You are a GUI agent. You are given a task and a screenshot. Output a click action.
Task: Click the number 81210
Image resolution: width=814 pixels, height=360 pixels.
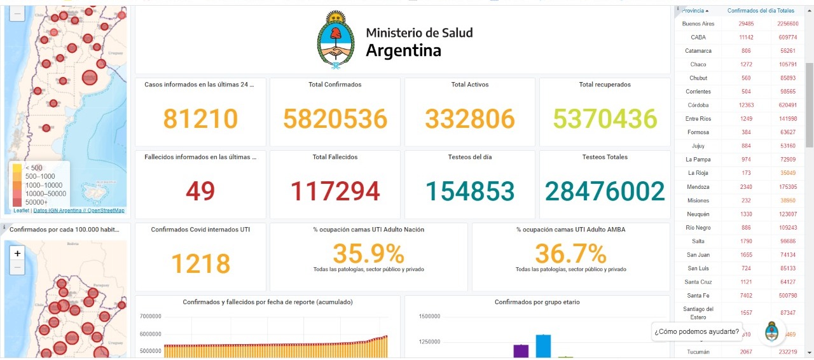tap(200, 118)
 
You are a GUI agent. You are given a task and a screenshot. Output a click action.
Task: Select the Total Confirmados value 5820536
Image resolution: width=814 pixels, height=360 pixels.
tap(335, 118)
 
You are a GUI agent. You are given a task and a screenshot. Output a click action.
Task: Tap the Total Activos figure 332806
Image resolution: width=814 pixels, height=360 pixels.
tap(470, 118)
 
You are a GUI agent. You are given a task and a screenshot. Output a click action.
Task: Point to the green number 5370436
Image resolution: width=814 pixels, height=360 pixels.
tap(605, 118)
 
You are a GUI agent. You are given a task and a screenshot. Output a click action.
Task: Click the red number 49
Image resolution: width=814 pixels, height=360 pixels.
tap(200, 191)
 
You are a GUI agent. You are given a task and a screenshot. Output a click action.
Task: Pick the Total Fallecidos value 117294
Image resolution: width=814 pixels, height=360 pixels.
tap(335, 191)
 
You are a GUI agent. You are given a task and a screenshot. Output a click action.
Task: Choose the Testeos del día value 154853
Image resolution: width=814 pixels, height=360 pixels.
tap(470, 191)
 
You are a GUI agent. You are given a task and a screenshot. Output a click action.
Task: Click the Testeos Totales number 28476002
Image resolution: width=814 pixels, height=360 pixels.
tap(605, 191)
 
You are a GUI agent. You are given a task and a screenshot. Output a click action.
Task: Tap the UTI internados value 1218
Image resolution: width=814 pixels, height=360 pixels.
tap(200, 263)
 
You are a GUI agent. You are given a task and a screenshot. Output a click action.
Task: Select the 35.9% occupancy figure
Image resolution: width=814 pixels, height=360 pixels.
tap(368, 254)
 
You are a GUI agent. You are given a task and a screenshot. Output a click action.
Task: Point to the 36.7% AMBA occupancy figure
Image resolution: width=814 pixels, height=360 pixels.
tap(570, 254)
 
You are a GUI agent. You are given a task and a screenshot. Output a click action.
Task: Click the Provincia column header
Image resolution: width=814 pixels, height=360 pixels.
tap(695, 11)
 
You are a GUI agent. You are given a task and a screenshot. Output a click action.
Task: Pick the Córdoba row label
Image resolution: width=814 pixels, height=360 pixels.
tap(698, 105)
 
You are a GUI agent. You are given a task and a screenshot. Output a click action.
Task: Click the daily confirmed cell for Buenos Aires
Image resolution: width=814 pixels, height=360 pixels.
tap(746, 24)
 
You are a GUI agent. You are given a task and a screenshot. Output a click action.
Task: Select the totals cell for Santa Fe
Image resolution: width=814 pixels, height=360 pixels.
tap(787, 295)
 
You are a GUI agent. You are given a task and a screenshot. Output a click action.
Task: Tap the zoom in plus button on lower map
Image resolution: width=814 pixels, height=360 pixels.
tap(17, 253)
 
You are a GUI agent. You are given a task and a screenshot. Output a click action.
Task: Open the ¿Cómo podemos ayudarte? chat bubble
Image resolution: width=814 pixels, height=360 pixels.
tap(696, 331)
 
